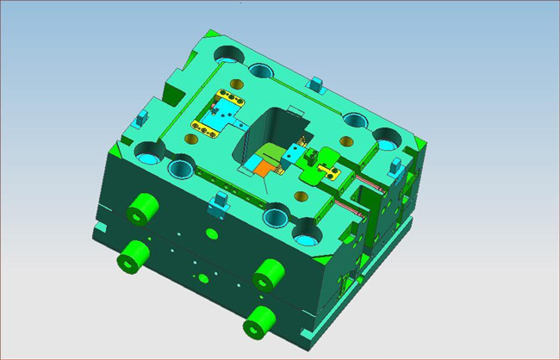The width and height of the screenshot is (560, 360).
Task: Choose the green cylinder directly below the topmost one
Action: (134, 254)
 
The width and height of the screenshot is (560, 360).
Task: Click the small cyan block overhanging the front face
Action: (219, 203)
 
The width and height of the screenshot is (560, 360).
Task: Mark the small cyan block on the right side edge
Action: (395, 164)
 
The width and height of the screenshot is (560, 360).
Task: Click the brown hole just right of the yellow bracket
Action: (347, 140)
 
